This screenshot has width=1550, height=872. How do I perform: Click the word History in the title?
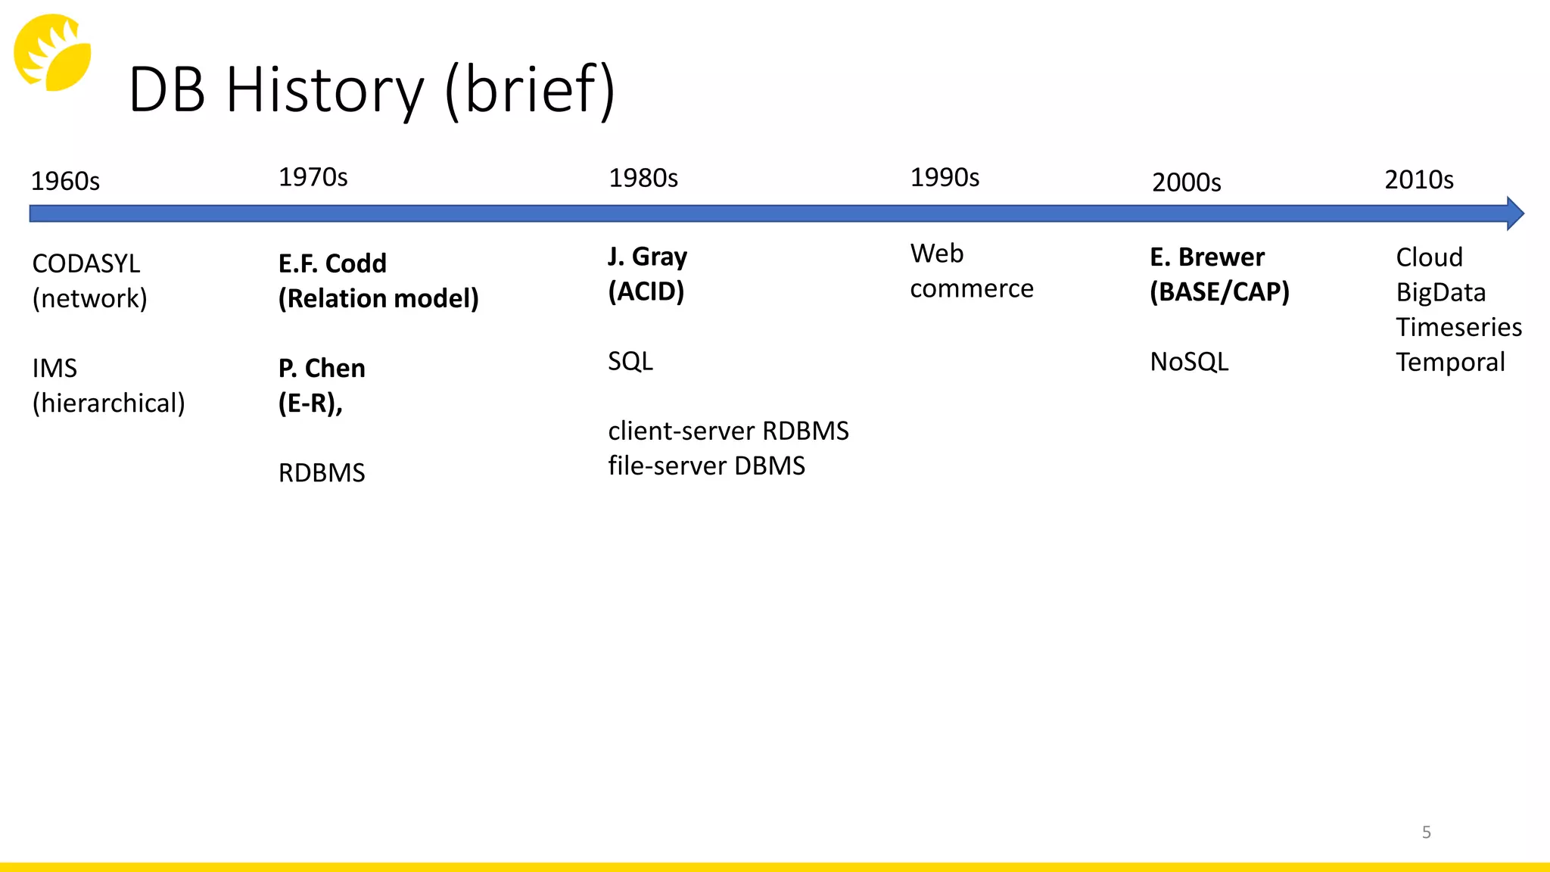(325, 90)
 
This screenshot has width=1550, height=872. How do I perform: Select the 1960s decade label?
(65, 182)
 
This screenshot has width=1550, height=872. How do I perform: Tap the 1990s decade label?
(944, 178)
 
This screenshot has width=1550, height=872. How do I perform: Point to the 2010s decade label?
(1418, 180)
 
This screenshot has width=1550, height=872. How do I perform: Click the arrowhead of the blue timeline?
(1514, 213)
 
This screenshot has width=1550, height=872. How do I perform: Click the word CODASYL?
(86, 264)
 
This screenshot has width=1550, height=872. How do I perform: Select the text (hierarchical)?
(108, 403)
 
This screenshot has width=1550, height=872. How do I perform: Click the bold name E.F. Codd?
(332, 263)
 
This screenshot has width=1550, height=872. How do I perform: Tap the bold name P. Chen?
(322, 369)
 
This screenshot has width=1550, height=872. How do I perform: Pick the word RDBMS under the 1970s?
(322, 473)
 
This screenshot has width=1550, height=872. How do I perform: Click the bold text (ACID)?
(646, 291)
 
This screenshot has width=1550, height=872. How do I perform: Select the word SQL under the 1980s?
(630, 361)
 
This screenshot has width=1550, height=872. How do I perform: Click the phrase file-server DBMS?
(706, 466)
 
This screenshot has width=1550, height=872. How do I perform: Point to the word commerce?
(971, 288)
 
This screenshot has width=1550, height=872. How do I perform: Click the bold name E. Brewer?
(1206, 257)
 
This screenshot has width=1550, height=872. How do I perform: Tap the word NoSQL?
(1189, 362)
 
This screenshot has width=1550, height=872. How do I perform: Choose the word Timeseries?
(1458, 327)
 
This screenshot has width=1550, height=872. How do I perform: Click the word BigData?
(1440, 292)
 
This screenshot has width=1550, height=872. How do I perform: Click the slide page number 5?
(1426, 833)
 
